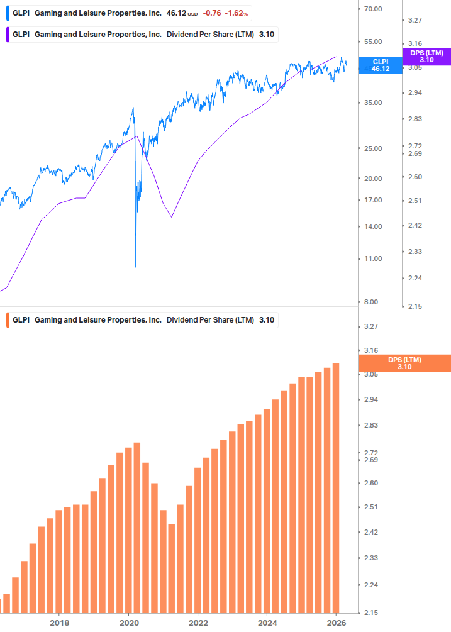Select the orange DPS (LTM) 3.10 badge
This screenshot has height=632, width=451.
pyautogui.click(x=404, y=363)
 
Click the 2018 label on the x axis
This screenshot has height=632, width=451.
pyautogui.click(x=59, y=623)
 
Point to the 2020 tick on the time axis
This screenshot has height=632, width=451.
pyautogui.click(x=128, y=623)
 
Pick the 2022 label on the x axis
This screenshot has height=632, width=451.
pyautogui.click(x=198, y=623)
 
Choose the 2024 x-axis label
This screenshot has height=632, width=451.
pyautogui.click(x=267, y=623)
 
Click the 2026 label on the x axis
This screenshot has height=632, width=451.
pyautogui.click(x=337, y=623)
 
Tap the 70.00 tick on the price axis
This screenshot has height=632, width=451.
pyautogui.click(x=374, y=9)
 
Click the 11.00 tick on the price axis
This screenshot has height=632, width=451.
pyautogui.click(x=374, y=258)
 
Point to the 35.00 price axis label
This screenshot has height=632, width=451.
pyautogui.click(x=374, y=103)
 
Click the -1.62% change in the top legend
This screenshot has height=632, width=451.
pyautogui.click(x=237, y=13)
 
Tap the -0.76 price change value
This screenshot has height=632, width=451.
pyautogui.click(x=211, y=13)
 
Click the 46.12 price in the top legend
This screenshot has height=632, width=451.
pyautogui.click(x=176, y=13)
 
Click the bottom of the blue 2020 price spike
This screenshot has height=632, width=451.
pyautogui.click(x=136, y=266)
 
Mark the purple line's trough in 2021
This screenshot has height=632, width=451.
pyautogui.click(x=171, y=218)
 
